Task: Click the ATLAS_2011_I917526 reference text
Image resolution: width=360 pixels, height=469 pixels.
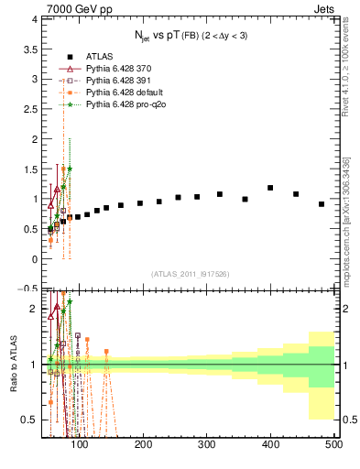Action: (x=189, y=274)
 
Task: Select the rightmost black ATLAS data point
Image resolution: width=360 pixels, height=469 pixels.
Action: (x=322, y=204)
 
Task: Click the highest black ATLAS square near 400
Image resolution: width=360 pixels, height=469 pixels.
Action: (x=270, y=188)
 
